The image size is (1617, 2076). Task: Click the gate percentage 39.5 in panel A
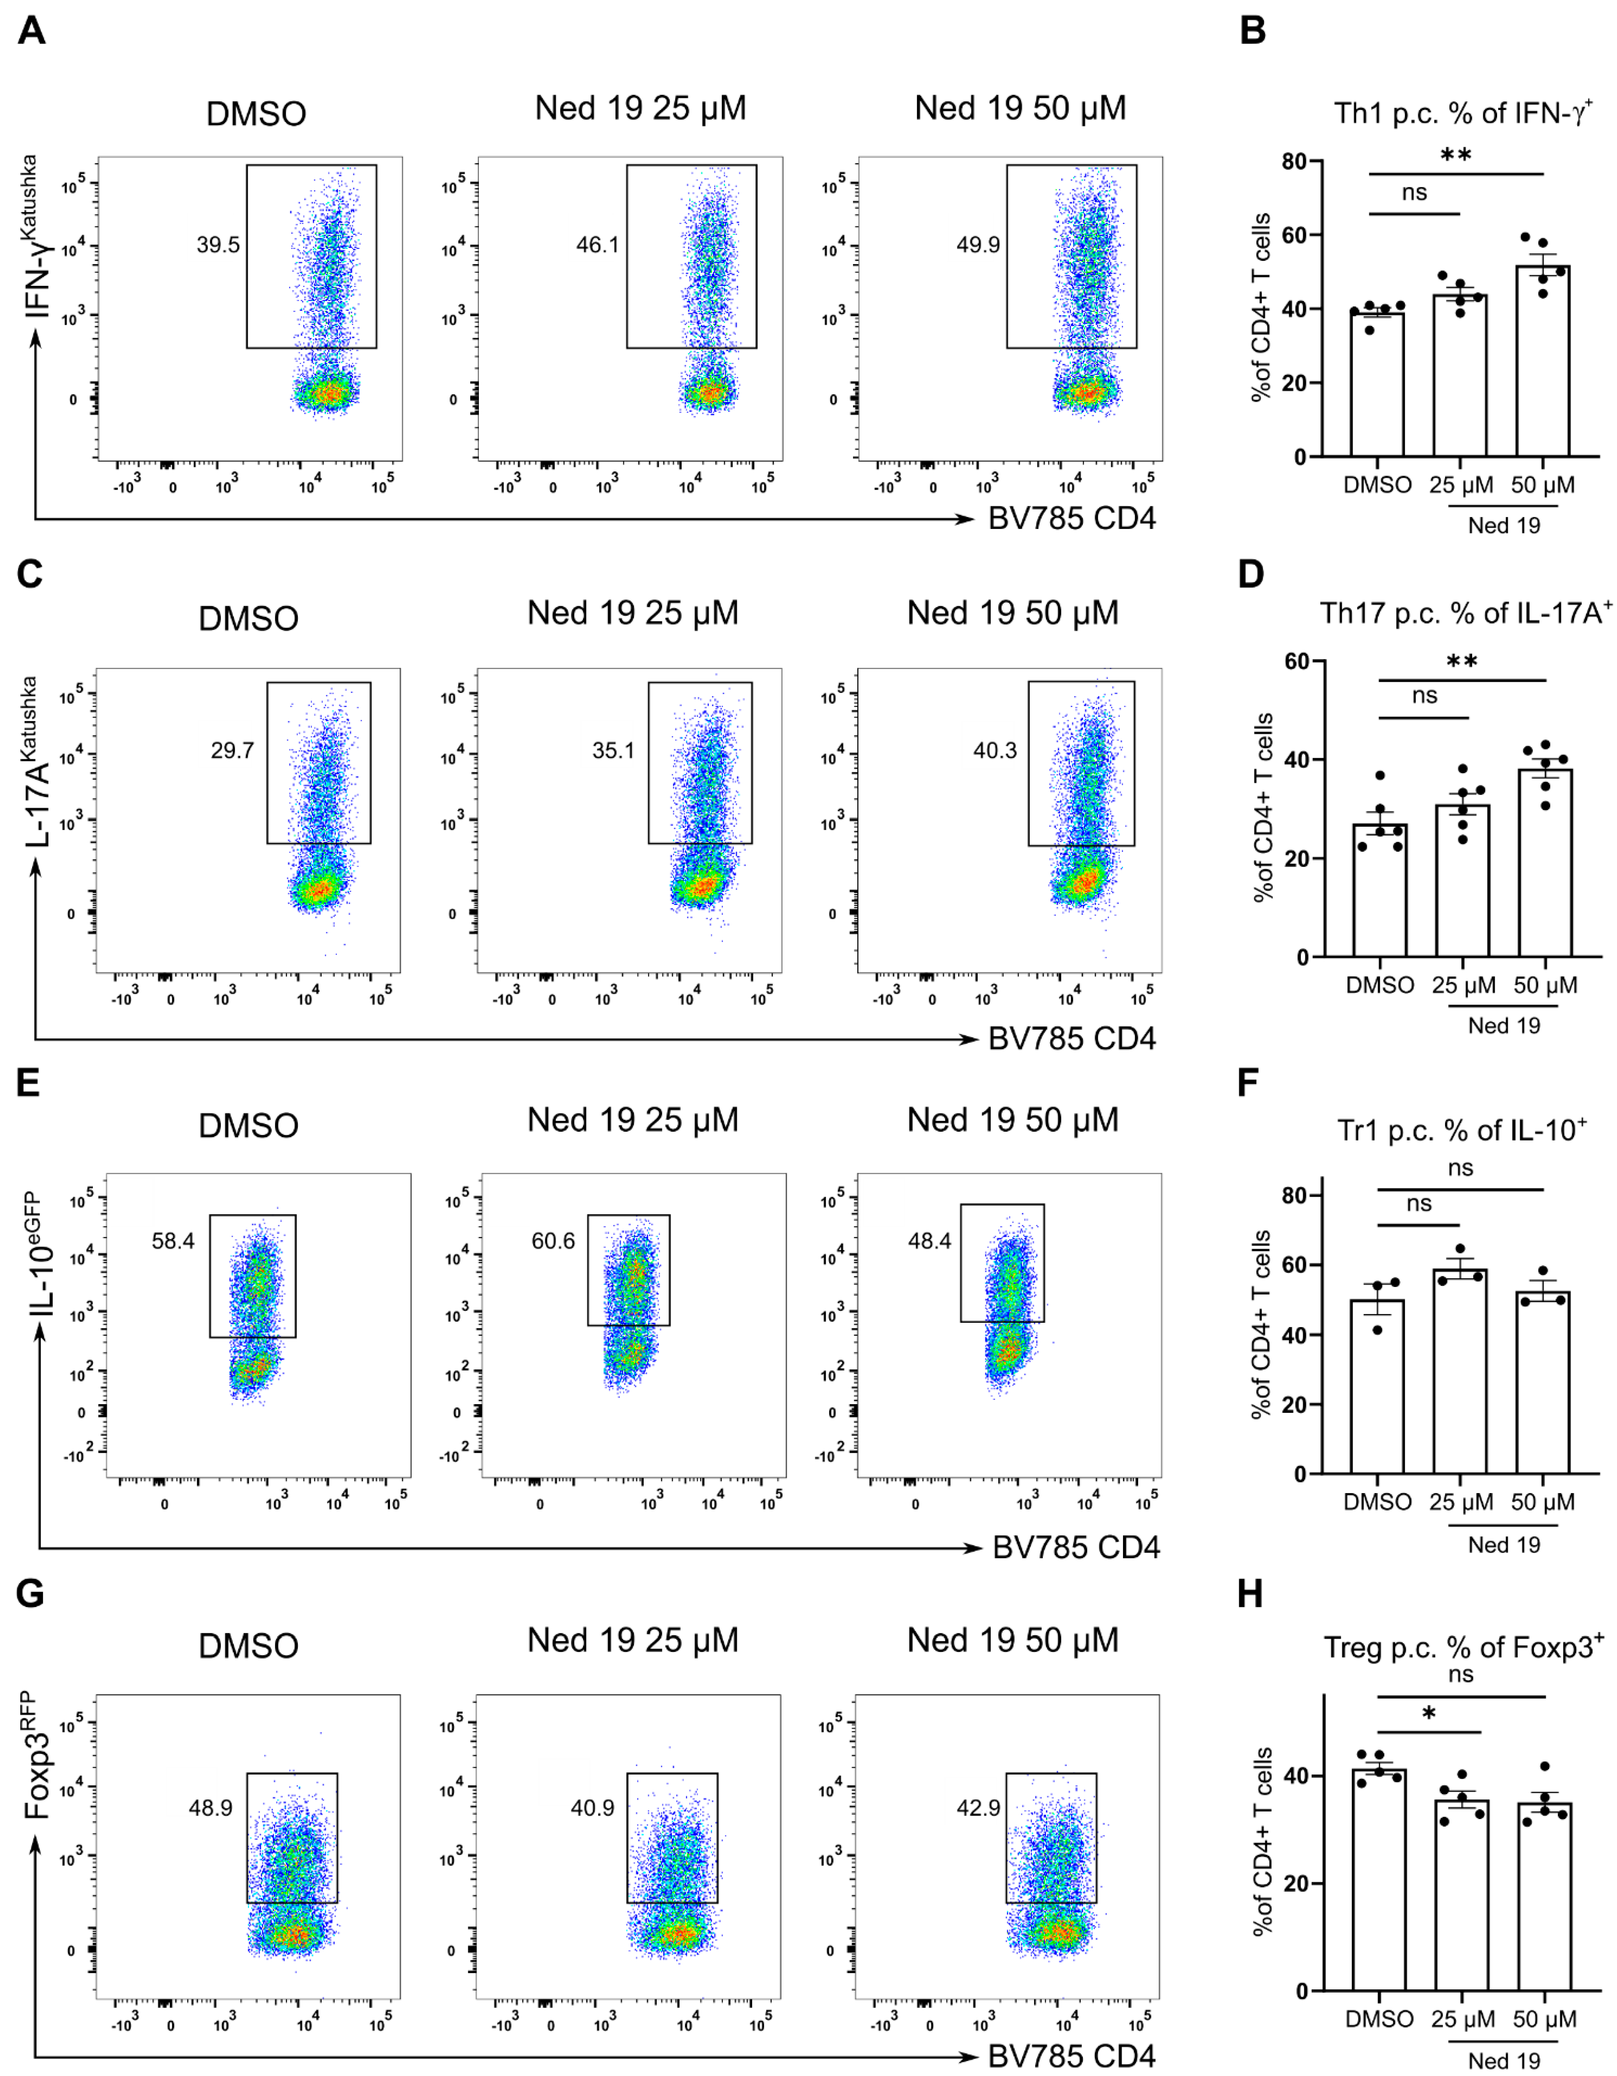click(x=218, y=245)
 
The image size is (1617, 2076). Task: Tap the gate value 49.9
click(x=978, y=245)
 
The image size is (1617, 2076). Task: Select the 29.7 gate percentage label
click(x=232, y=751)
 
